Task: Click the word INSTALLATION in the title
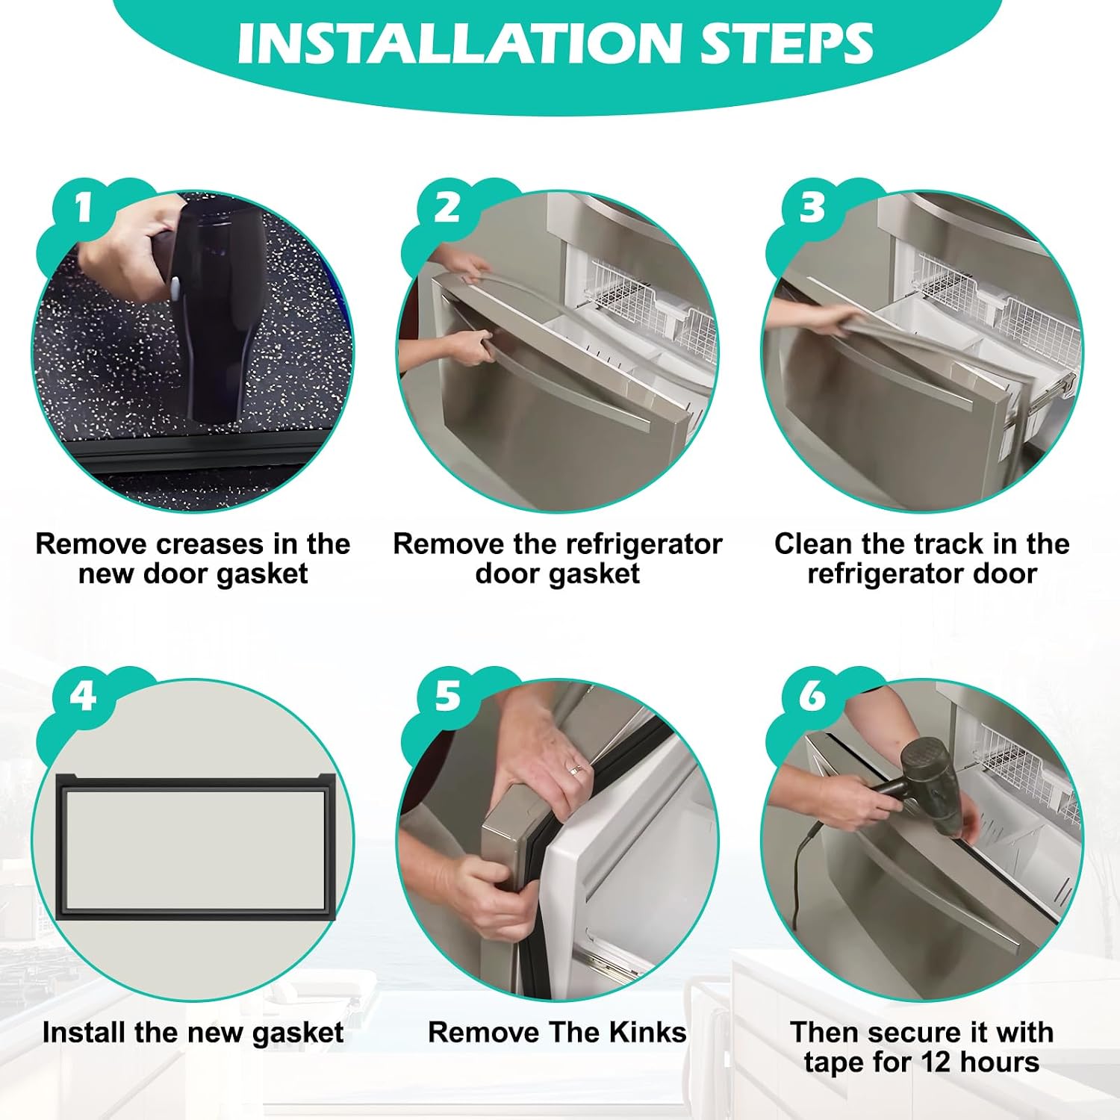click(x=458, y=43)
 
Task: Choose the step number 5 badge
click(x=447, y=697)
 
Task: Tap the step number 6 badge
click(x=812, y=697)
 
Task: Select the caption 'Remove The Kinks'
click(x=557, y=1032)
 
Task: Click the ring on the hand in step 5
click(x=576, y=769)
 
